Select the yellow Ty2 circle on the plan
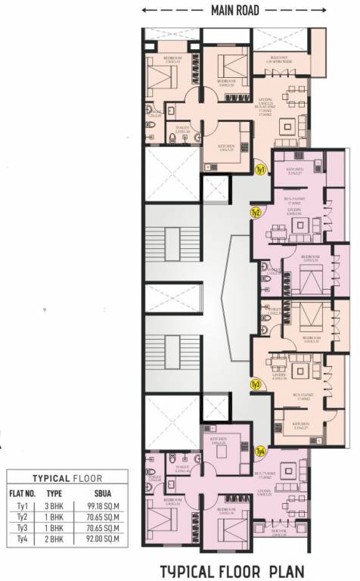point(256,213)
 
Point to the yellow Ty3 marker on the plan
point(256,384)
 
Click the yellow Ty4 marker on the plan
point(261,451)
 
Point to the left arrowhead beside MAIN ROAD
point(146,11)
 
